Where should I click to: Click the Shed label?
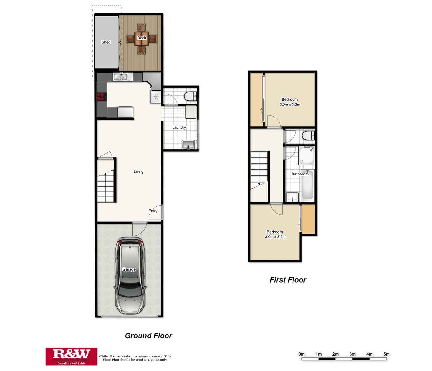click(106, 42)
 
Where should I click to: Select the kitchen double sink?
click(123, 77)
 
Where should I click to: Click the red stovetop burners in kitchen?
click(101, 97)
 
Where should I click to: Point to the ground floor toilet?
click(190, 96)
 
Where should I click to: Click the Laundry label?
click(179, 127)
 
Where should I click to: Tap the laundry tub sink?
click(188, 145)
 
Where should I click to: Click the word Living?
click(139, 172)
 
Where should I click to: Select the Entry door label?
click(153, 211)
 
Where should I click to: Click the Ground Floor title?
click(149, 336)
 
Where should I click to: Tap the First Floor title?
click(288, 280)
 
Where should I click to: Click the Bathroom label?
click(300, 174)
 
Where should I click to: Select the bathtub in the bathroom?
click(307, 185)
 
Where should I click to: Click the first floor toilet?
click(308, 135)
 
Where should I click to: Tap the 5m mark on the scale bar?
click(386, 354)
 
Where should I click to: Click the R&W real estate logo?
click(71, 356)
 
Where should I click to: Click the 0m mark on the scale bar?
click(302, 354)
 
